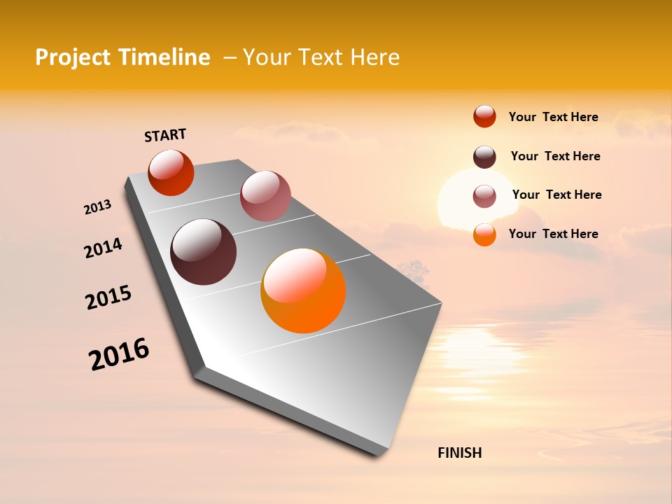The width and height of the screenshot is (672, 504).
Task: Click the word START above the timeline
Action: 165,135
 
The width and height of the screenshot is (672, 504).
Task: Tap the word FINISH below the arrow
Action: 460,453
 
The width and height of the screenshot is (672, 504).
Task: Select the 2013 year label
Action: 97,207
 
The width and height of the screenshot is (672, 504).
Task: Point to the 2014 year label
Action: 103,248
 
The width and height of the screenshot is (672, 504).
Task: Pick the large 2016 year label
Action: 119,354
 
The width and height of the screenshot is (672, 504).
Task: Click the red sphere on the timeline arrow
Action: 171,172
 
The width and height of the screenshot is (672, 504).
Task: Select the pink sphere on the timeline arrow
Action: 265,196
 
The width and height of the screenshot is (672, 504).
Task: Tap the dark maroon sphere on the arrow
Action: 204,252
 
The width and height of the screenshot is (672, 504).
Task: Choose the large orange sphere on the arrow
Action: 303,290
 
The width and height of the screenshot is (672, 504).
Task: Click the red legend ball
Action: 484,116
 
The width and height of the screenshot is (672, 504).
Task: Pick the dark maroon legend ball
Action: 484,157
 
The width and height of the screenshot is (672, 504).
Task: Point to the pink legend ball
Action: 484,196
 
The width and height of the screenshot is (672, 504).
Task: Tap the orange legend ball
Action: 484,234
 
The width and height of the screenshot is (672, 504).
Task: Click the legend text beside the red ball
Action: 553,117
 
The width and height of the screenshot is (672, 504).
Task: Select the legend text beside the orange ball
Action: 553,234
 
